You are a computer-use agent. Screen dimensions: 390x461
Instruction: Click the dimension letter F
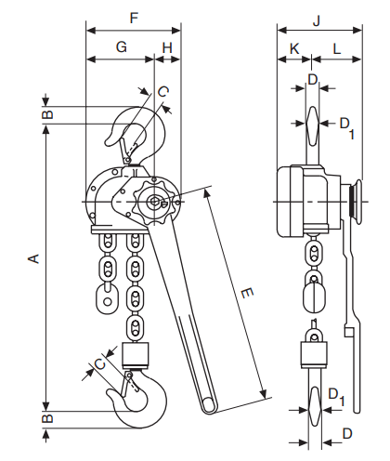click(x=134, y=18)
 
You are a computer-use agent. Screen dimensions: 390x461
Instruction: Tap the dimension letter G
click(x=122, y=47)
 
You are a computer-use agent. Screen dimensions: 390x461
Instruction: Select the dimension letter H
click(x=167, y=47)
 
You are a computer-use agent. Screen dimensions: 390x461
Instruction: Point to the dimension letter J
click(x=317, y=20)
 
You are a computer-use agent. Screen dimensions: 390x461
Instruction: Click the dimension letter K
click(x=294, y=48)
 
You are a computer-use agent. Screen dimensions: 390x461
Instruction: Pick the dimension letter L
click(x=337, y=48)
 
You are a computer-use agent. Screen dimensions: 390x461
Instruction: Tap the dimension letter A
click(x=34, y=258)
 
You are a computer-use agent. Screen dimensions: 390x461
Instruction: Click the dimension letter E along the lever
click(x=247, y=293)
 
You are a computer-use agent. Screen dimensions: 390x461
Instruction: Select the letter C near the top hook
click(x=162, y=92)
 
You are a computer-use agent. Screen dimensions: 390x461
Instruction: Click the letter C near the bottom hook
click(x=100, y=363)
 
